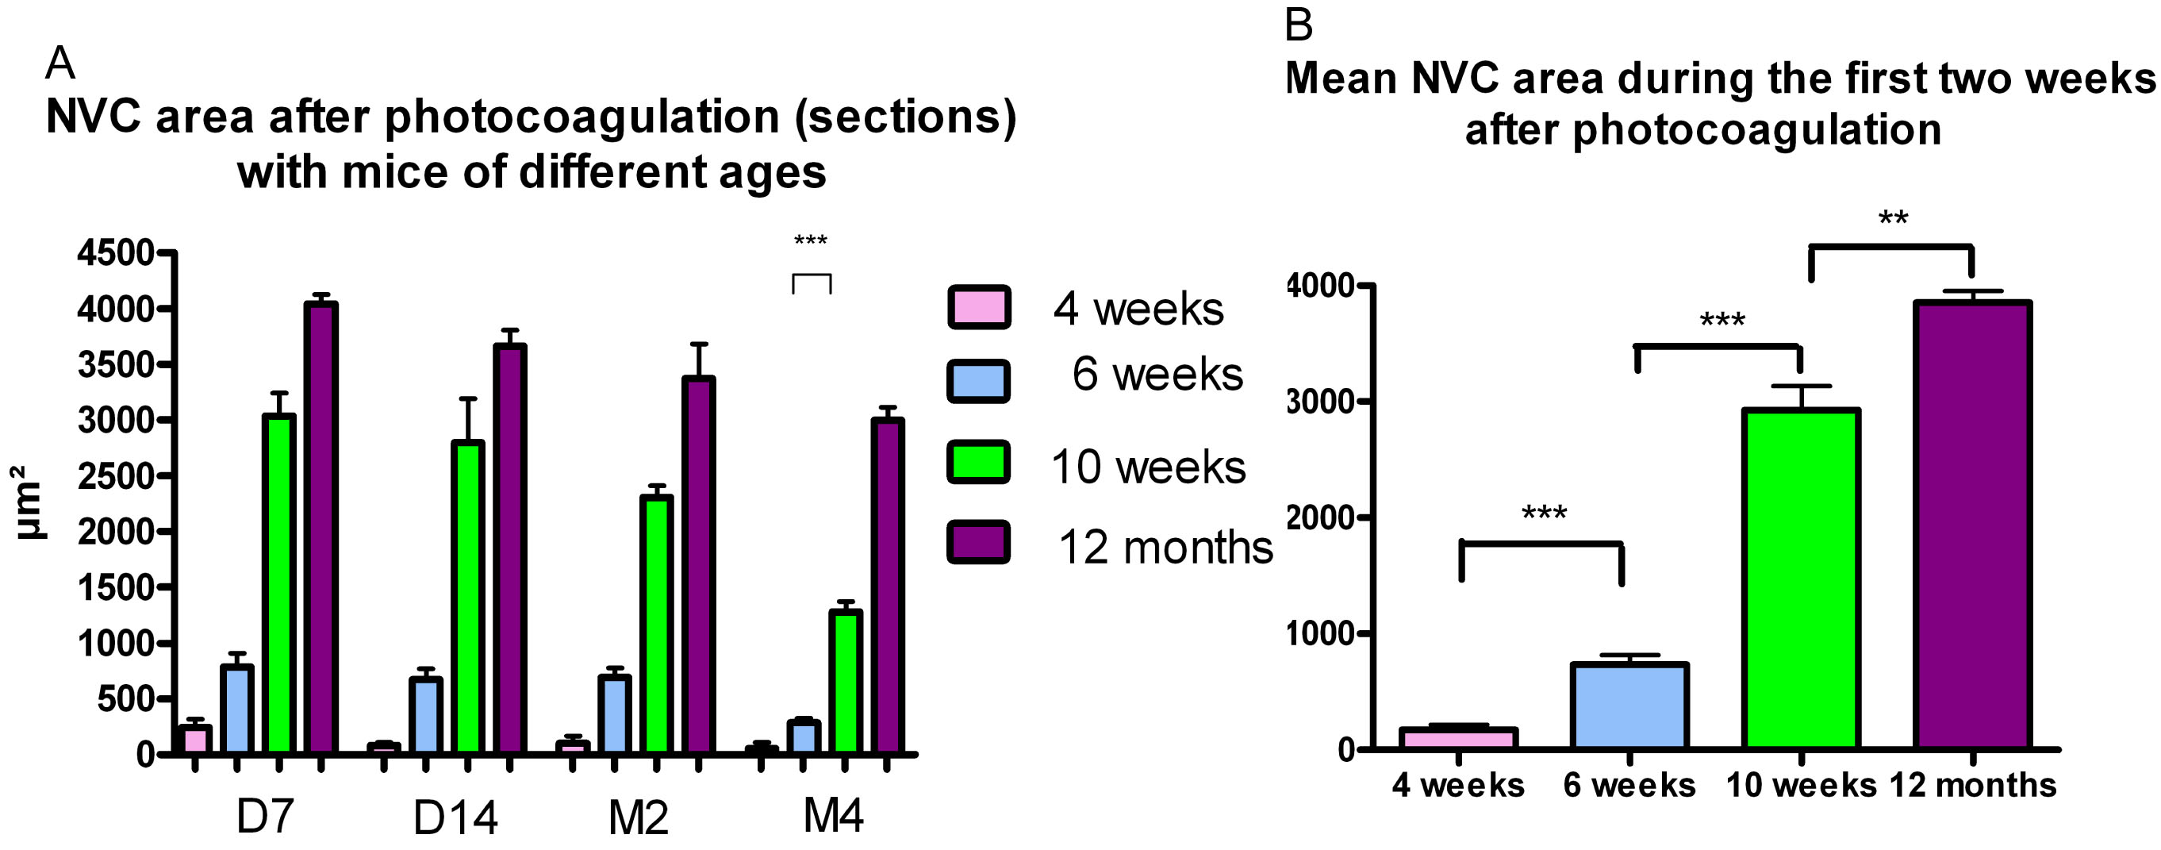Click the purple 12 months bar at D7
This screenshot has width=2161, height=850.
click(321, 529)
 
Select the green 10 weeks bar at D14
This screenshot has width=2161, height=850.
click(467, 596)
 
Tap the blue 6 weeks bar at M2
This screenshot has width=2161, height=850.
click(614, 713)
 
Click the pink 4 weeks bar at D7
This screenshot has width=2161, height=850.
click(194, 739)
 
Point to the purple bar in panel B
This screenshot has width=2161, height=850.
click(1971, 525)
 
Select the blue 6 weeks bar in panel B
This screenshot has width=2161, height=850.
click(1629, 706)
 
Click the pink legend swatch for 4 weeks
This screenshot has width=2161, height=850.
click(978, 307)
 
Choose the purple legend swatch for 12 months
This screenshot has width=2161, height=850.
click(978, 542)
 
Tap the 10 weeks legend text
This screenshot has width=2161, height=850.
click(1148, 467)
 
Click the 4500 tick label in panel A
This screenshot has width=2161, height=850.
click(116, 252)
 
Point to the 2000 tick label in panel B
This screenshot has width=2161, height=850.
click(1320, 517)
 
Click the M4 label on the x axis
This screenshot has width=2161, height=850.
click(833, 815)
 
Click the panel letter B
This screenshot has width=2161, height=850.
click(1298, 25)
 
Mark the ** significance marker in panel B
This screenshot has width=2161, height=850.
click(1894, 220)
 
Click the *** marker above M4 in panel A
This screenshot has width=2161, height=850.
click(811, 241)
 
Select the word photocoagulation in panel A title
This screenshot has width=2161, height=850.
click(582, 117)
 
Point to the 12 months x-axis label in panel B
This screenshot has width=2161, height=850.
click(1972, 786)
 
